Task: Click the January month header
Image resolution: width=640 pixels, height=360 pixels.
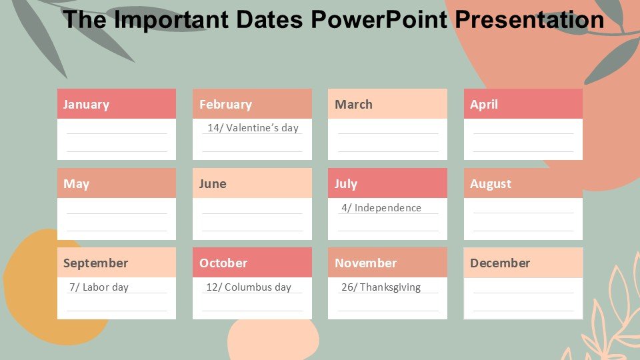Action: [116, 104]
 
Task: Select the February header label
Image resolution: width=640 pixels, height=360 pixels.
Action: [252, 104]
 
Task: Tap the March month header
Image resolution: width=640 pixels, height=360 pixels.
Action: [387, 104]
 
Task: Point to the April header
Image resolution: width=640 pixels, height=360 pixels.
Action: [523, 104]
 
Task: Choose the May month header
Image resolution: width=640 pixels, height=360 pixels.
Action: [116, 183]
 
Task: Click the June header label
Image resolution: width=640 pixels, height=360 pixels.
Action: [252, 183]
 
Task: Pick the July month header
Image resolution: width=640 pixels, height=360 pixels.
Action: [387, 183]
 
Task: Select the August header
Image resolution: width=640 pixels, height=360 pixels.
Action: [523, 183]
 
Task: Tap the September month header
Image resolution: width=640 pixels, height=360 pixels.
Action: [116, 263]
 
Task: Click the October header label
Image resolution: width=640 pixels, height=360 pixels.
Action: [252, 263]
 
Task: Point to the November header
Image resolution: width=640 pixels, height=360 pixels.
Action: [387, 263]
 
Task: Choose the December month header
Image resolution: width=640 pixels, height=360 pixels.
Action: [523, 263]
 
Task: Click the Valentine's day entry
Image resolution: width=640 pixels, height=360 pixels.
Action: [253, 128]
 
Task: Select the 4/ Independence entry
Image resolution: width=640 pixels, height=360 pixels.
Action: [381, 208]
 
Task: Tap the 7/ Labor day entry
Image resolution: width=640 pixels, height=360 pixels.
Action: [99, 287]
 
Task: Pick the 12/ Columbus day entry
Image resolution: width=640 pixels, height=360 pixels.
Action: [249, 287]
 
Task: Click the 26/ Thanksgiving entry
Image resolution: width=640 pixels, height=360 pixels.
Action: [381, 287]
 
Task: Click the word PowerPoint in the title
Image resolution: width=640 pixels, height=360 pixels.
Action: [379, 19]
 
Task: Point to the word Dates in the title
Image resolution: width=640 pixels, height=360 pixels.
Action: [269, 19]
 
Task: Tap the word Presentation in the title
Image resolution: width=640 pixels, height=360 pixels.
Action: [529, 19]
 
